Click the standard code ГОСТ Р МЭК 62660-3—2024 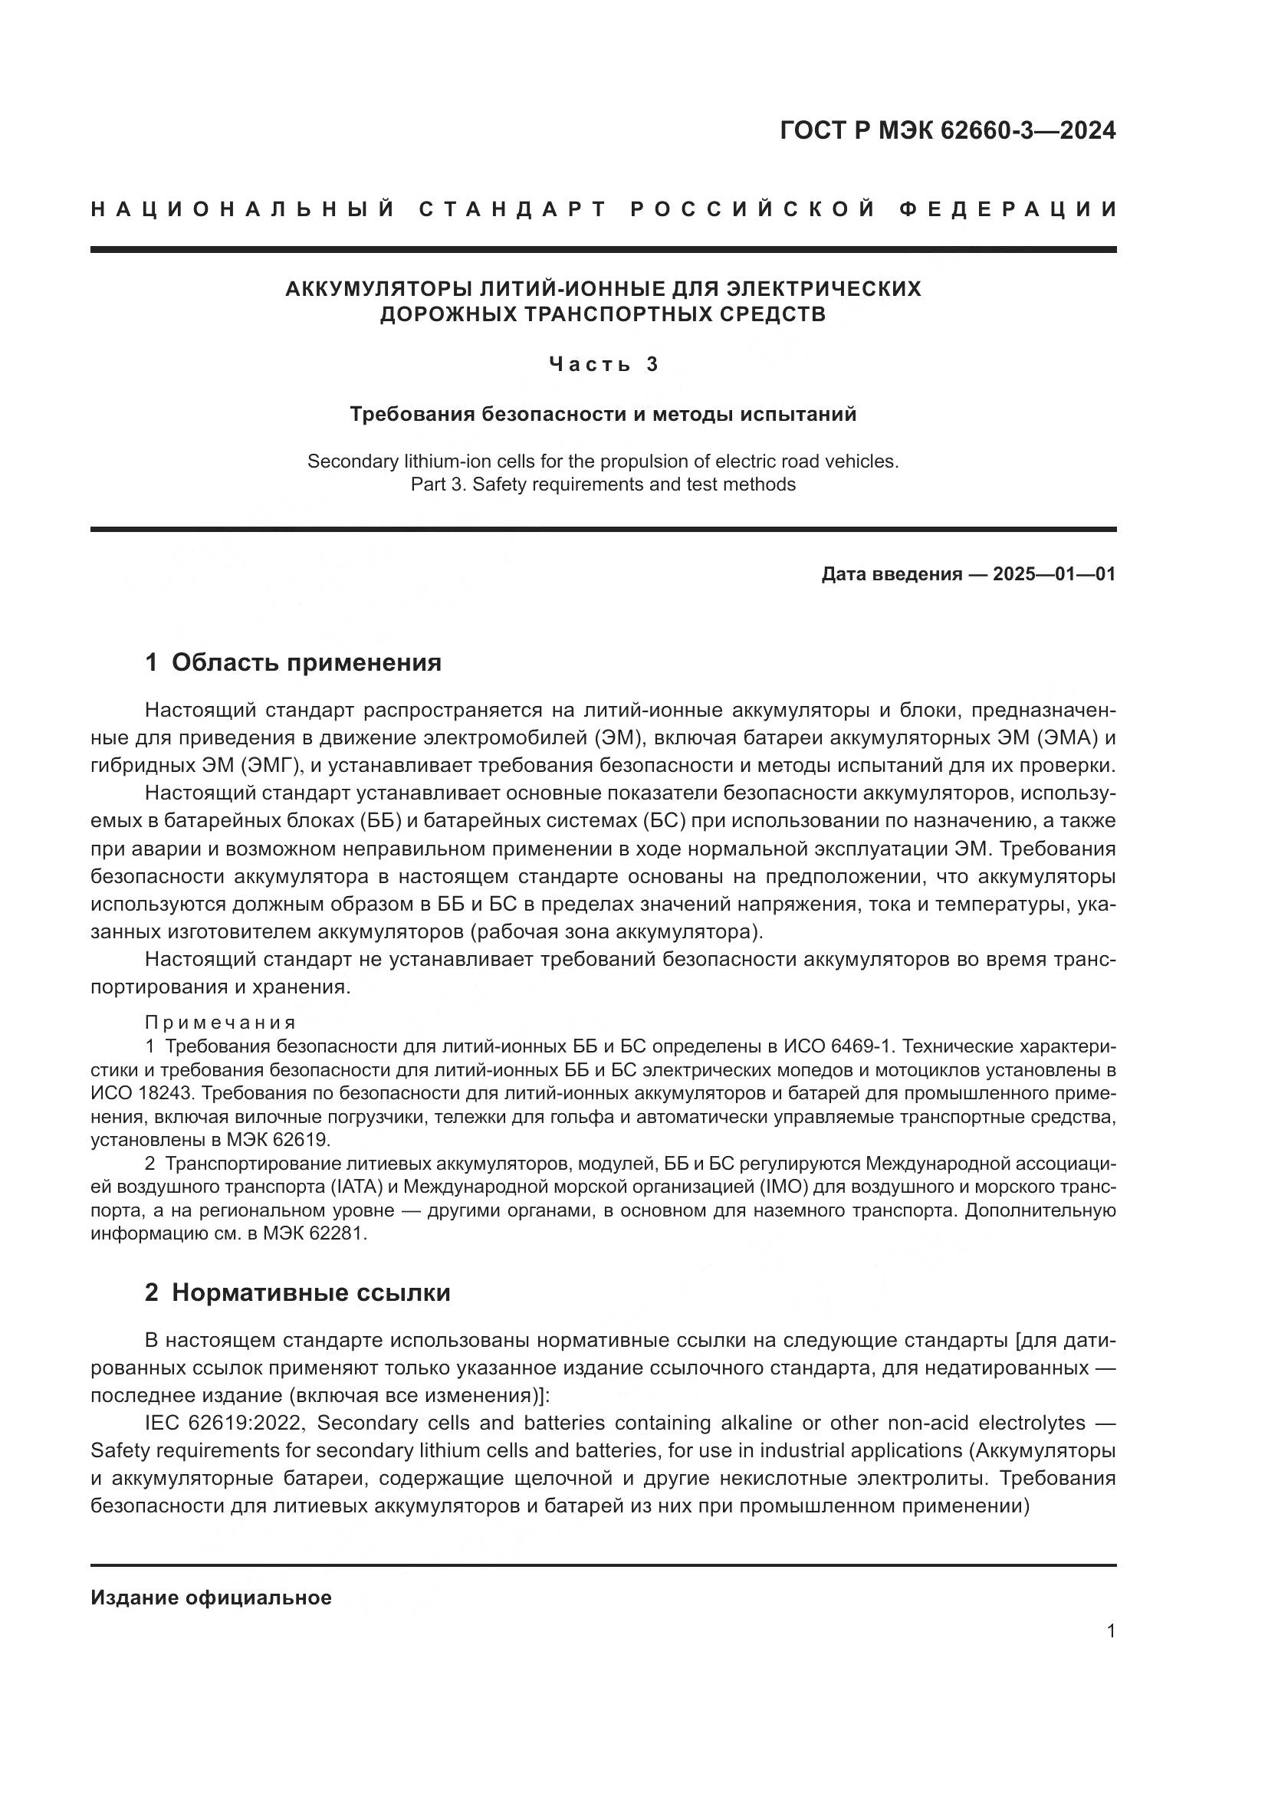click(x=947, y=130)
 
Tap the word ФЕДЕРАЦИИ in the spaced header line click(x=1009, y=209)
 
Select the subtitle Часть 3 click(x=603, y=364)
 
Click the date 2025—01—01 click(x=1053, y=575)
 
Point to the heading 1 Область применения click(x=293, y=663)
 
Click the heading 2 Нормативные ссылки click(x=297, y=1292)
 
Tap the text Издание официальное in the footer click(x=211, y=1598)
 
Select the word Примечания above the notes click(x=220, y=1023)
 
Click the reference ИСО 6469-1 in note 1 click(x=839, y=1046)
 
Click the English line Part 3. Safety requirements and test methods click(x=603, y=484)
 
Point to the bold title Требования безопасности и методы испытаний click(x=603, y=414)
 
